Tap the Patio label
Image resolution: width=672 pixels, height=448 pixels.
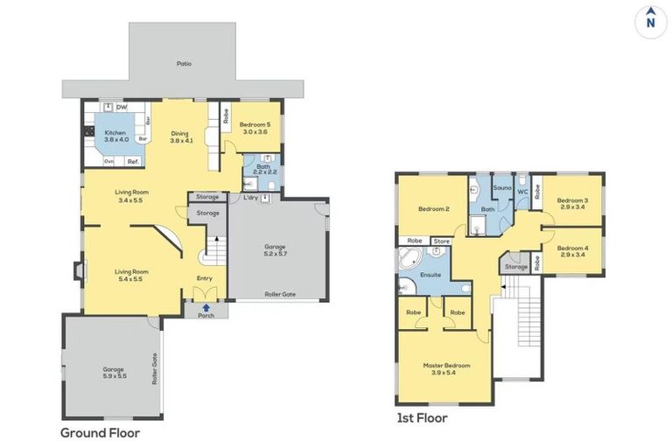tap(184, 64)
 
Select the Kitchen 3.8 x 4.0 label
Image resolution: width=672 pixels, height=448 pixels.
tap(116, 136)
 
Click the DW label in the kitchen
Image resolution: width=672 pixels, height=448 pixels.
tap(121, 108)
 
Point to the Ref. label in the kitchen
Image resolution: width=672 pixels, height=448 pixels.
tap(133, 161)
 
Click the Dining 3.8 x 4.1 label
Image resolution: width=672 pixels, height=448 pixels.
tap(179, 137)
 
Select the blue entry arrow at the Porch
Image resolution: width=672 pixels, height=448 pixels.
tap(206, 307)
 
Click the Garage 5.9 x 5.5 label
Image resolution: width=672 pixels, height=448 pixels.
tap(115, 372)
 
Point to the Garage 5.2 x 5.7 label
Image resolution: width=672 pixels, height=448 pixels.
tap(275, 250)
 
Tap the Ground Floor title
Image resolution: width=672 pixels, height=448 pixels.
tap(100, 432)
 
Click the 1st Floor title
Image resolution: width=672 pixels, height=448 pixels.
tap(422, 418)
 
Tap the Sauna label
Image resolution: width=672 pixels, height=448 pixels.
tap(502, 187)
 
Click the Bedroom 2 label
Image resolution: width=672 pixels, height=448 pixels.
tap(433, 209)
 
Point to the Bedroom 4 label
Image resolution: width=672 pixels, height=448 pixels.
tap(572, 250)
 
